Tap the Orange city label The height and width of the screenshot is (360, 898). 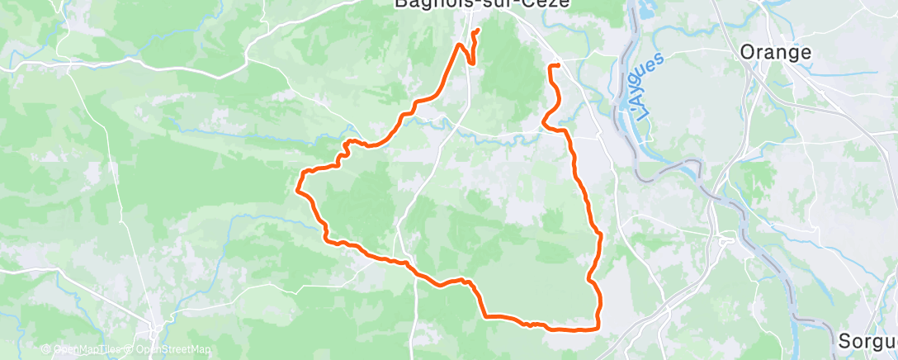pos(776,52)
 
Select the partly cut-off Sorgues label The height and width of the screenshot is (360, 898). pos(867,341)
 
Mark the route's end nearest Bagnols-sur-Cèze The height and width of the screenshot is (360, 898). pos(477,31)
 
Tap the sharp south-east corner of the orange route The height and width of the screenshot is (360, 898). pos(598,329)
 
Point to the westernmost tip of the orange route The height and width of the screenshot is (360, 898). pos(297,189)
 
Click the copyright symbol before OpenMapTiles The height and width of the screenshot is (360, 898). pos(48,350)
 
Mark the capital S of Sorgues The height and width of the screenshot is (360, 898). pos(844,341)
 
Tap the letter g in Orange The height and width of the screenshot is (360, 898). pos(793,54)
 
